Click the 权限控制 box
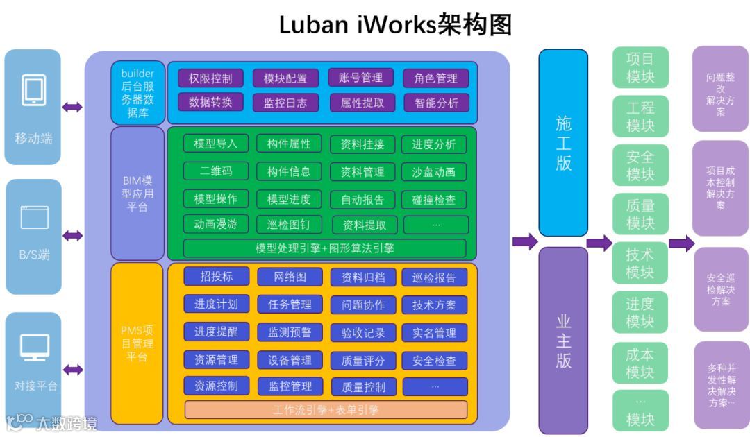210,78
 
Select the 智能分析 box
436,103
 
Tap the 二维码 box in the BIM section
216,171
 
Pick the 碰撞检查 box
434,200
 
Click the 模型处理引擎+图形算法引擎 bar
324,248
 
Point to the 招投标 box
216,276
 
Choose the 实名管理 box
434,333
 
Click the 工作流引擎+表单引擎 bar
326,409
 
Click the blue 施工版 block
563,142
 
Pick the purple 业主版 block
563,340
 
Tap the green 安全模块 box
640,165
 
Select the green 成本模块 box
640,363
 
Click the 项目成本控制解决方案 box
720,188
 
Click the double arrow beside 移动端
72,107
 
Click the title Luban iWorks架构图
395,24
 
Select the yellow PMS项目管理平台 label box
137,343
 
